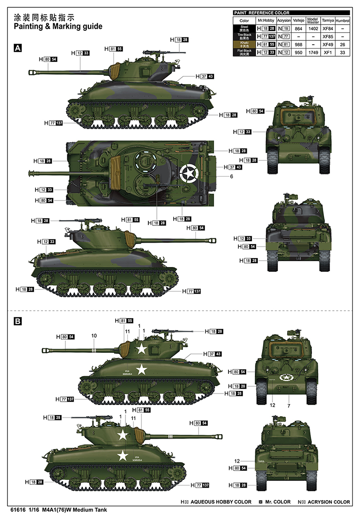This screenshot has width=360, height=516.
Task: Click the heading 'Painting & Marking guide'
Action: pyautogui.click(x=58, y=27)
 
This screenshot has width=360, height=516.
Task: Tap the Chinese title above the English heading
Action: pyautogui.click(x=41, y=17)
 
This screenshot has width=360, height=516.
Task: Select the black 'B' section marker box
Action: pyautogui.click(x=18, y=321)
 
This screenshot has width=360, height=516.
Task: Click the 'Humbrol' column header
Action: pyautogui.click(x=343, y=21)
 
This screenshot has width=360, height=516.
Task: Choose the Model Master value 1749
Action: pyautogui.click(x=313, y=52)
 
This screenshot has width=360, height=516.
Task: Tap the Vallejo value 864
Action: pyautogui.click(x=298, y=29)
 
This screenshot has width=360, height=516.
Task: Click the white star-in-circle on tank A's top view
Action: pyautogui.click(x=188, y=173)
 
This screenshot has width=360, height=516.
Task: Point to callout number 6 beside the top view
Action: pyautogui.click(x=231, y=177)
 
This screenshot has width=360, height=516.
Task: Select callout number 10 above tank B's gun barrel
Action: pyautogui.click(x=94, y=335)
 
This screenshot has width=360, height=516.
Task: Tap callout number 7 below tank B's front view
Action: pyautogui.click(x=288, y=406)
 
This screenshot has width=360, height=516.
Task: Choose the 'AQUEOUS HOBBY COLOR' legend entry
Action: pyautogui.click(x=221, y=502)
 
